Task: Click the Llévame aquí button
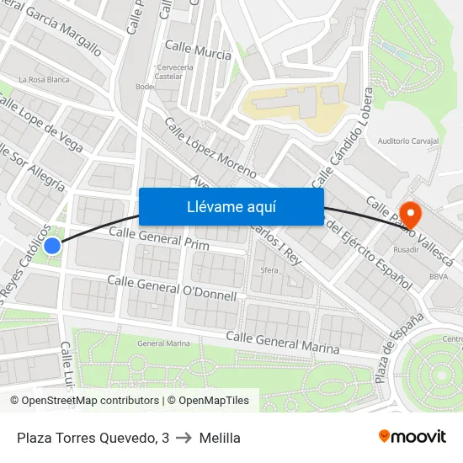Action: [231, 206]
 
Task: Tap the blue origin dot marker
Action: [52, 246]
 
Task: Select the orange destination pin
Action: [411, 215]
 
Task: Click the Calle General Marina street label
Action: [283, 342]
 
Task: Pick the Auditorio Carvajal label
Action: [409, 141]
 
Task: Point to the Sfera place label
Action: [269, 271]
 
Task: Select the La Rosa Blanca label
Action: [44, 79]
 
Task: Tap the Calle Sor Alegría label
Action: [32, 166]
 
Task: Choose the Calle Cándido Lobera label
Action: [342, 148]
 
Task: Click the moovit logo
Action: [412, 436]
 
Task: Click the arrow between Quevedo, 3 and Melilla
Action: [184, 438]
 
